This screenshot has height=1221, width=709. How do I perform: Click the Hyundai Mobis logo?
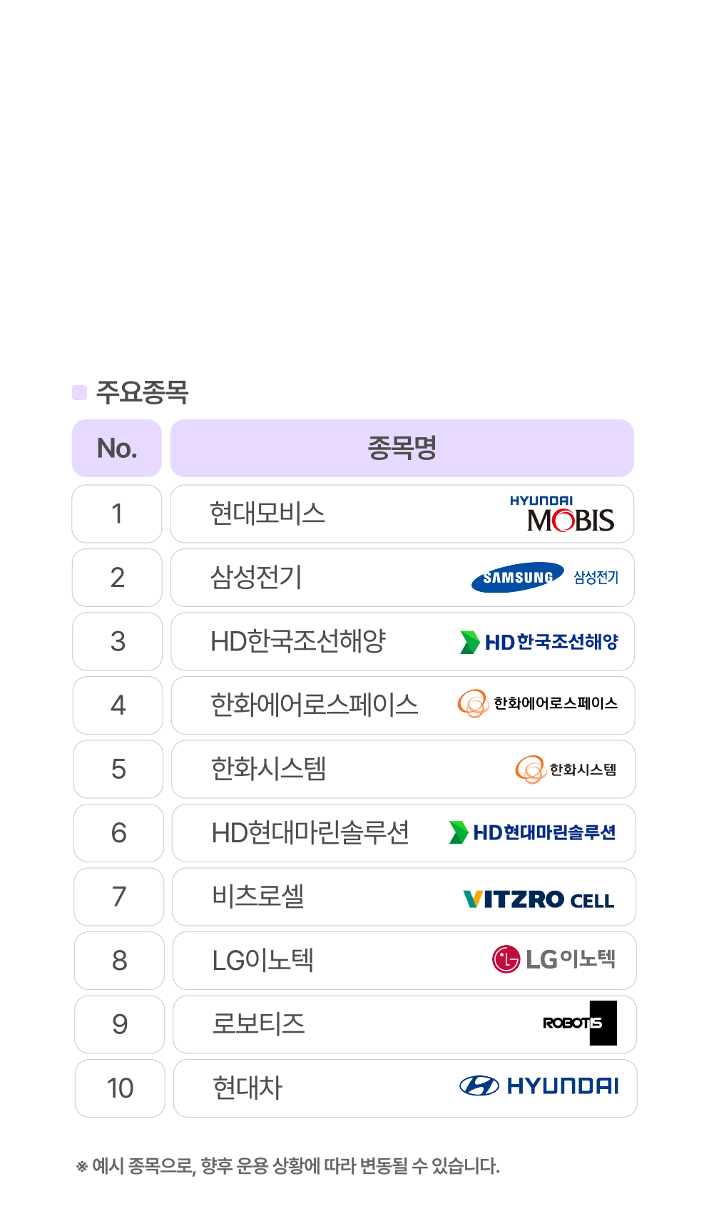pyautogui.click(x=562, y=514)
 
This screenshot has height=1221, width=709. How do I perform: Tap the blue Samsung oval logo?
pyautogui.click(x=517, y=578)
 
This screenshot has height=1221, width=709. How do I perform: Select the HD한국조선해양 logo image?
pyautogui.click(x=539, y=642)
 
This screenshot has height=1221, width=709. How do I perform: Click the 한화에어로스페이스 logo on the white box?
pyautogui.click(x=538, y=703)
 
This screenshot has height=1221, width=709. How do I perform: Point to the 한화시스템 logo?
pyautogui.click(x=565, y=770)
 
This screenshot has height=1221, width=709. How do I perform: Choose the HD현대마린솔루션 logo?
pyautogui.click(x=532, y=832)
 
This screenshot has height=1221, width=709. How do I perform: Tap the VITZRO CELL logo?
pyautogui.click(x=539, y=899)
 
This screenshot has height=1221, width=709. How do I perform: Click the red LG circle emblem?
pyautogui.click(x=506, y=959)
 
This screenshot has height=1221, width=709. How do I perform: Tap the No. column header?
pyautogui.click(x=117, y=448)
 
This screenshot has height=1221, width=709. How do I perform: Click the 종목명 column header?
pyautogui.click(x=402, y=448)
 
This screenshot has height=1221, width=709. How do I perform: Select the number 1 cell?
pyautogui.click(x=117, y=514)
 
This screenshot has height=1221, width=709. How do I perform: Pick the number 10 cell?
pyautogui.click(x=120, y=1088)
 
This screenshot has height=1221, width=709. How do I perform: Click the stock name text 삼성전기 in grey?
pyautogui.click(x=256, y=578)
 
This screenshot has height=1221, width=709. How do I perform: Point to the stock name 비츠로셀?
pyautogui.click(x=258, y=896)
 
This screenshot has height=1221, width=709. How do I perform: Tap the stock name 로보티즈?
pyautogui.click(x=258, y=1024)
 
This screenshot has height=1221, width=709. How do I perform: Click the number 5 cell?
pyautogui.click(x=118, y=769)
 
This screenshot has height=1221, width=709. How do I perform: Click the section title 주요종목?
pyautogui.click(x=142, y=392)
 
